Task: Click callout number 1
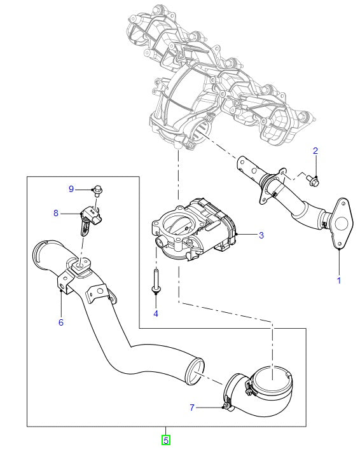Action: (338, 280)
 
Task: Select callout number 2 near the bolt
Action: (315, 151)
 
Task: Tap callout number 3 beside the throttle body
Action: (261, 235)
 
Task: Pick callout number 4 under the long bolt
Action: (156, 313)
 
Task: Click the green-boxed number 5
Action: (166, 439)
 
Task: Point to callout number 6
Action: (61, 322)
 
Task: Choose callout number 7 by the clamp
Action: (193, 406)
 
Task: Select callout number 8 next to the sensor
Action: (56, 214)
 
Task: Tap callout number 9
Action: (71, 189)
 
